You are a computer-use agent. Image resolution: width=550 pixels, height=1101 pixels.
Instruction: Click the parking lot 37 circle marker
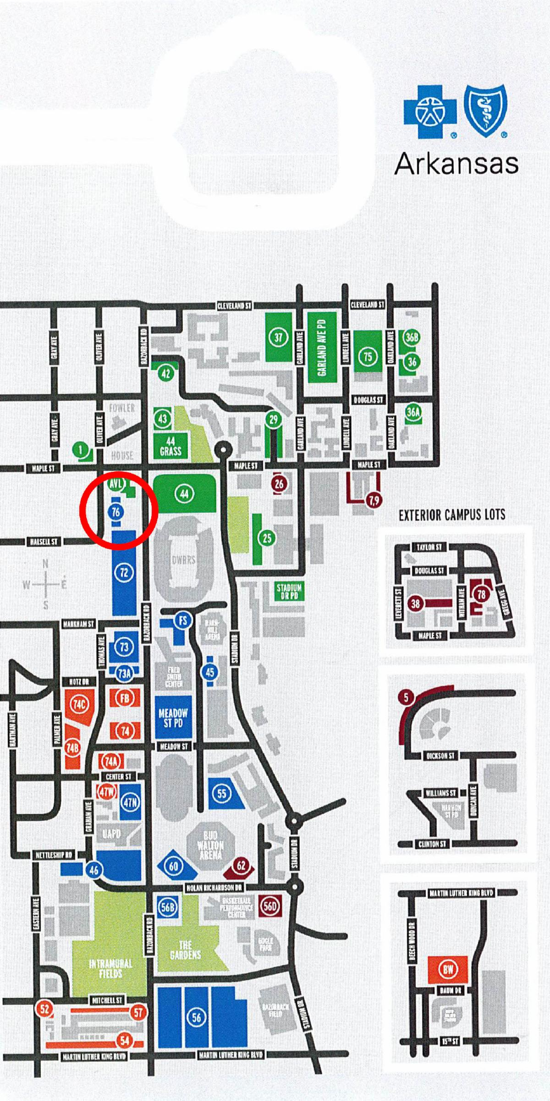278,338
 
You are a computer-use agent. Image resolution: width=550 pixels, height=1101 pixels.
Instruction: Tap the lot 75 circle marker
368,356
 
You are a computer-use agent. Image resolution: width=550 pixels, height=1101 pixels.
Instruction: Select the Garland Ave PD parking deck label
321,347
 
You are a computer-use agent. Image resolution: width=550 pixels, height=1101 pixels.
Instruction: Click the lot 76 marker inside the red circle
116,511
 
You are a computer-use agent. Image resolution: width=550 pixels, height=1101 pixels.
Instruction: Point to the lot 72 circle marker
124,572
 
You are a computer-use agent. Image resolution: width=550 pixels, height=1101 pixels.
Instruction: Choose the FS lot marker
183,620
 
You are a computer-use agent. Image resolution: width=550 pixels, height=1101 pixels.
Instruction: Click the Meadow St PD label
173,718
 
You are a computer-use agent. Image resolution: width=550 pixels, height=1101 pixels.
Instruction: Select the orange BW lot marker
448,969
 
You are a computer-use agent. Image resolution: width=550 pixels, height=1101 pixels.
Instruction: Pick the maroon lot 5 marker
406,698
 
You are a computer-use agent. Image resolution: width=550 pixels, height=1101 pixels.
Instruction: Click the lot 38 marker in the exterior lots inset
415,603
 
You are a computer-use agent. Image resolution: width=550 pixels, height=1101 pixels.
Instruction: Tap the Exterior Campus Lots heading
452,515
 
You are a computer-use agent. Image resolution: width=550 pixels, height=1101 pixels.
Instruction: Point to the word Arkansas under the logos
456,163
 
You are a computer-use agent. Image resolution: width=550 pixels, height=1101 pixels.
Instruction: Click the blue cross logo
429,112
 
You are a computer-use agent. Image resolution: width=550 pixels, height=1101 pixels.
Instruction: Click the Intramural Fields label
110,968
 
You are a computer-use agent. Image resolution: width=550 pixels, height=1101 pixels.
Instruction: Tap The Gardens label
185,950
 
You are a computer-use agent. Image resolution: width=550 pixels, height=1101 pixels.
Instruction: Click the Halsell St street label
44,542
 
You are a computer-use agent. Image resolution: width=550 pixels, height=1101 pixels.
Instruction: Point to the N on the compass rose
45,564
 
